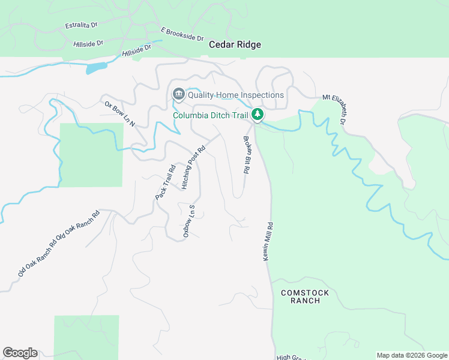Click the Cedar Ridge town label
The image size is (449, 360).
[x=235, y=44]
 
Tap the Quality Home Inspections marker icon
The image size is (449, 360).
[x=178, y=94]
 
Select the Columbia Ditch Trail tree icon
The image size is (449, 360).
[x=258, y=113]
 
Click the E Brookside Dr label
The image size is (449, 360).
[x=182, y=33]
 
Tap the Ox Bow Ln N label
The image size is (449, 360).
[x=120, y=114]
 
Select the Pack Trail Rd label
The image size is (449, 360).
[x=164, y=182]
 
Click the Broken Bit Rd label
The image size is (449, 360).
[x=246, y=155]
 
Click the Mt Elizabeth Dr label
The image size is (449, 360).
[x=335, y=109]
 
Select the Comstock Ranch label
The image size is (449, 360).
[x=305, y=296]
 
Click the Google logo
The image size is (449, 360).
[x=20, y=353]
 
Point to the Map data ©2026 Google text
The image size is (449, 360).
[x=412, y=355]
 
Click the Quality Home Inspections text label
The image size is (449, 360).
[x=235, y=95]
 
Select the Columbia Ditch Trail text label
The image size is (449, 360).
[x=211, y=115]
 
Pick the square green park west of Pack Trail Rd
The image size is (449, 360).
[x=91, y=155]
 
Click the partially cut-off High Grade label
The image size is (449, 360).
[x=291, y=357]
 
